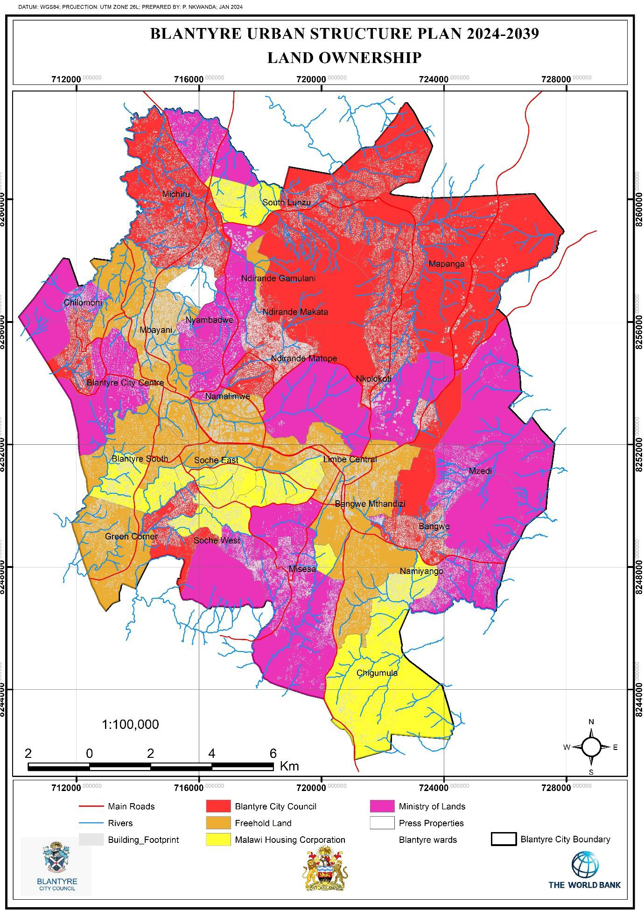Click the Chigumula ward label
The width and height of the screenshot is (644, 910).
pyautogui.click(x=377, y=673)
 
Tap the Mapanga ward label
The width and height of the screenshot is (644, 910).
pyautogui.click(x=447, y=264)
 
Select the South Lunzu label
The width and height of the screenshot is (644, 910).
pyautogui.click(x=286, y=203)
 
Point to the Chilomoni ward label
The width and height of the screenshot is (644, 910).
pyautogui.click(x=83, y=303)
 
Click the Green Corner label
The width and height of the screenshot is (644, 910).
pyautogui.click(x=131, y=537)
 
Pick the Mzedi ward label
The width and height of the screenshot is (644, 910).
pyautogui.click(x=480, y=471)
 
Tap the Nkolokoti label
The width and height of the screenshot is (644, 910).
pyautogui.click(x=373, y=378)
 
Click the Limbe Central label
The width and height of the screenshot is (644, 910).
pyautogui.click(x=350, y=460)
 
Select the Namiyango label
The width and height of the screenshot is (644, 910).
pyautogui.click(x=421, y=571)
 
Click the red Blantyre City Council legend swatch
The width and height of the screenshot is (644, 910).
pyautogui.click(x=218, y=806)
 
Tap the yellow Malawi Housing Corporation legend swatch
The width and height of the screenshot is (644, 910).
pyautogui.click(x=218, y=840)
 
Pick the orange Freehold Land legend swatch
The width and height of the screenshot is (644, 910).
pyautogui.click(x=218, y=823)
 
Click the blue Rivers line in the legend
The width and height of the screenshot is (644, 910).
pyautogui.click(x=91, y=823)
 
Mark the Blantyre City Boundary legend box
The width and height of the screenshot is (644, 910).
pyautogui.click(x=503, y=840)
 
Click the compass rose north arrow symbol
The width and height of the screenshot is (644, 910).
pyautogui.click(x=591, y=747)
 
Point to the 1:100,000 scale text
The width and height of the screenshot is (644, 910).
pyautogui.click(x=130, y=725)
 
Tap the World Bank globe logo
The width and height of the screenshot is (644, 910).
pyautogui.click(x=585, y=864)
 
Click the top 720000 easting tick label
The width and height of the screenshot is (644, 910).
pyautogui.click(x=311, y=79)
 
